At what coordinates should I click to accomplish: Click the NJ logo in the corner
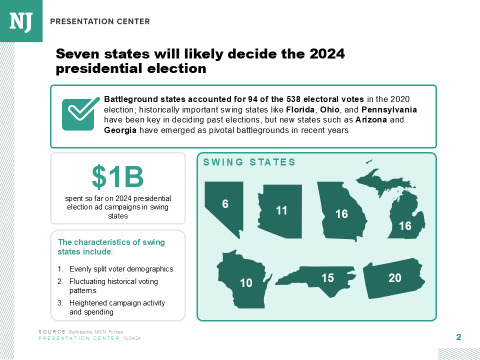(21, 21)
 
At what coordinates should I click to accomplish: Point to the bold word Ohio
(329, 109)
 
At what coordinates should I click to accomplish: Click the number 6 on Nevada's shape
(225, 204)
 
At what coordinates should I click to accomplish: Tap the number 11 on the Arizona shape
(282, 211)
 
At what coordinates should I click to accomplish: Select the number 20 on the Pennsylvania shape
(395, 278)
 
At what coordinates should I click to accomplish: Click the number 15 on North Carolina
(327, 278)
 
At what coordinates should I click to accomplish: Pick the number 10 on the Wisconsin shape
(246, 283)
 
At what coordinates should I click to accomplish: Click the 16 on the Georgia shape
(341, 214)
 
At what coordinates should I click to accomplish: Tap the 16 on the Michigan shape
(405, 226)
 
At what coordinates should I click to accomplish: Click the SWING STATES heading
(249, 162)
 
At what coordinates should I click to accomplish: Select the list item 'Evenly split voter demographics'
(121, 269)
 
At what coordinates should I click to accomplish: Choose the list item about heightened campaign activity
(117, 307)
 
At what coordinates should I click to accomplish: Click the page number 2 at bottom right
(458, 337)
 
